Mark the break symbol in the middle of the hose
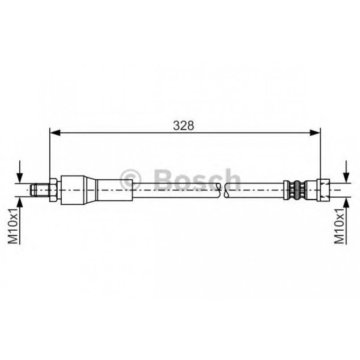point(223,190)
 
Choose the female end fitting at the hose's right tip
point(322,190)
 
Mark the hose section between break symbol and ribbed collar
point(255,190)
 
